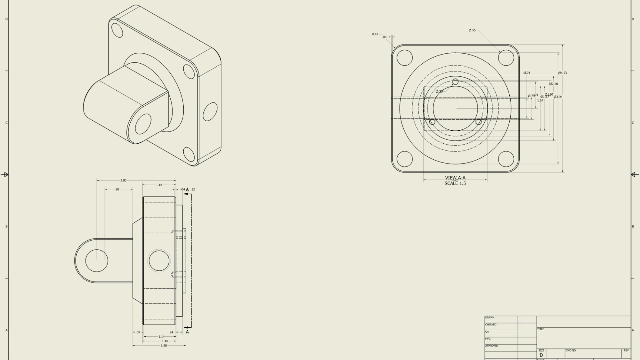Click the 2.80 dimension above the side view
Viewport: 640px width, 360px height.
(123, 180)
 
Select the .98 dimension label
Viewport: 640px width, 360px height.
(117, 189)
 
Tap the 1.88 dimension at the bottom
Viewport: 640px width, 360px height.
(164, 346)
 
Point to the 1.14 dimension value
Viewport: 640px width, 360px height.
(161, 337)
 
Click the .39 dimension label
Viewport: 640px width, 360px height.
(138, 332)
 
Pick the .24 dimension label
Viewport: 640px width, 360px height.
(171, 332)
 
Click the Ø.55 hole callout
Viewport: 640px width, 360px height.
(472, 30)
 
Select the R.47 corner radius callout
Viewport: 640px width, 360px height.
(375, 34)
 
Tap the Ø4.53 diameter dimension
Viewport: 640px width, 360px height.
(562, 73)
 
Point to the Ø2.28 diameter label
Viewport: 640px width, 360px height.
(553, 84)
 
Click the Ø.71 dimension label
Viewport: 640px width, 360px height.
(527, 73)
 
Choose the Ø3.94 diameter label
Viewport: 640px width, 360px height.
(558, 97)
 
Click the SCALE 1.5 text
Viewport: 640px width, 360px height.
(455, 184)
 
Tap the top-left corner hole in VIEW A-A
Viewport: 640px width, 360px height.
(404, 58)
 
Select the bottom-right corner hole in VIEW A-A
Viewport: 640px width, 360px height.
(506, 159)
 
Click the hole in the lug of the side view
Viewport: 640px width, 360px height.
(97, 260)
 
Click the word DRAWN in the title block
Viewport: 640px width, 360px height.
(490, 318)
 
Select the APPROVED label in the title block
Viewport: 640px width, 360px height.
(491, 346)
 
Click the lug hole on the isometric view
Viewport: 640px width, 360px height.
(143, 124)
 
